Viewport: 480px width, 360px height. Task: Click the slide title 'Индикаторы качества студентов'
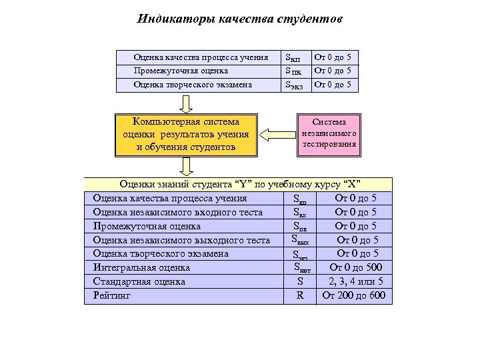[x=239, y=18]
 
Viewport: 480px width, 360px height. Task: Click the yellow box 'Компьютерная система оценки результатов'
[x=186, y=135]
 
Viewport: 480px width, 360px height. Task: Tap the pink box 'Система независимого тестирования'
[x=329, y=133]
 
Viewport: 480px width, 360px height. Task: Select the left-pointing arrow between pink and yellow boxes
[x=276, y=135]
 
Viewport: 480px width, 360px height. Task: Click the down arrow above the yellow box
[x=187, y=103]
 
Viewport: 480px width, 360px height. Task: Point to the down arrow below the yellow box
[x=187, y=167]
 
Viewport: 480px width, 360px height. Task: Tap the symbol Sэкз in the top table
[x=293, y=85]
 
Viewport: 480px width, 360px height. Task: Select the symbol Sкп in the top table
[x=293, y=58]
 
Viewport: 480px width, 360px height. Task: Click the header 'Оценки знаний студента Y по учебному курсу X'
[x=239, y=184]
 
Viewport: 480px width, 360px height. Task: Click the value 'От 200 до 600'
[x=354, y=295]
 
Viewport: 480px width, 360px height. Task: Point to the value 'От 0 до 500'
[x=355, y=267]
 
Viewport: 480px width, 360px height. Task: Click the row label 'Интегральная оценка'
[x=141, y=267]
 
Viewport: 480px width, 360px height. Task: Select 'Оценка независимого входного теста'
[x=177, y=212]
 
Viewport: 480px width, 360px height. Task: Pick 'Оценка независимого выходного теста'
[x=181, y=240]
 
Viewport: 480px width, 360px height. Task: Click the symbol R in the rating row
[x=300, y=295]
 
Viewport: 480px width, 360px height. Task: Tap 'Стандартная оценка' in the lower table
[x=139, y=281]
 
